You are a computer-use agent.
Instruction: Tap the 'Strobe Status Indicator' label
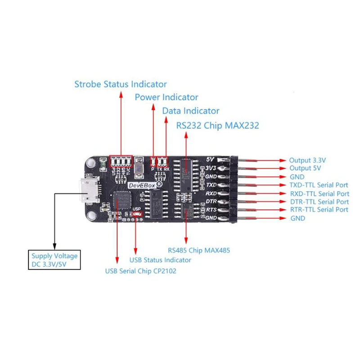click(120, 84)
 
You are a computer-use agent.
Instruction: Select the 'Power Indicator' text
click(166, 97)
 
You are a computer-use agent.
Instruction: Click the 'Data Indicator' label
click(191, 111)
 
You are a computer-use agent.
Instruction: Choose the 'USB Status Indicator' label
click(160, 260)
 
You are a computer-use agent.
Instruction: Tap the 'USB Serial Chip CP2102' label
click(140, 271)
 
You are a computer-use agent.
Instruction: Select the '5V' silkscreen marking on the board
click(209, 159)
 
